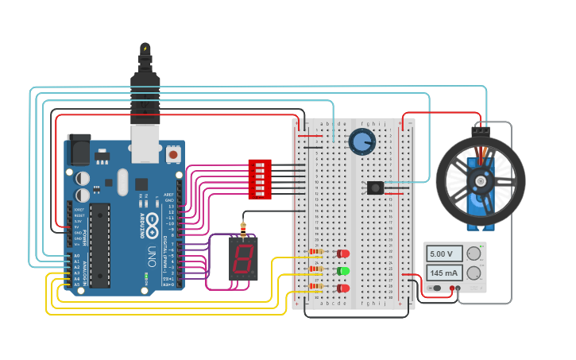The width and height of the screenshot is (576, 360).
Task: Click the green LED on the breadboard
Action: pyautogui.click(x=343, y=271)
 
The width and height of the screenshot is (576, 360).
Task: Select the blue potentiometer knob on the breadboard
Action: pyautogui.click(x=361, y=142)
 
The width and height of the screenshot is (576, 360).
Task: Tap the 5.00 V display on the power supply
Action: pyautogui.click(x=441, y=254)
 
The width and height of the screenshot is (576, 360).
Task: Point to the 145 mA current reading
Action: pyautogui.click(x=441, y=273)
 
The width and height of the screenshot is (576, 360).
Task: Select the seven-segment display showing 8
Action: pyautogui.click(x=243, y=257)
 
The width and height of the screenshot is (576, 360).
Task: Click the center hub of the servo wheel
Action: pyautogui.click(x=480, y=181)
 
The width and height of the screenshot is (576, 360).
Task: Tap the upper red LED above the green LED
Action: pyautogui.click(x=343, y=254)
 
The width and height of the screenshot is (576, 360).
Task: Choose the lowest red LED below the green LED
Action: pyautogui.click(x=343, y=288)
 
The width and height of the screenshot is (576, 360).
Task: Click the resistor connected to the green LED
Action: pyautogui.click(x=316, y=269)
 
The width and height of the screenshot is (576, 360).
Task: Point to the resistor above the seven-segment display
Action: pyautogui.click(x=243, y=226)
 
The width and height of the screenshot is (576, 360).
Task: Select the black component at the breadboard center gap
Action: pyautogui.click(x=375, y=188)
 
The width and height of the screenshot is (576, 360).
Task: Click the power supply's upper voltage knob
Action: pyautogui.click(x=474, y=254)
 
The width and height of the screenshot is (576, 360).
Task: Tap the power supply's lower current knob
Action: pyautogui.click(x=474, y=273)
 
